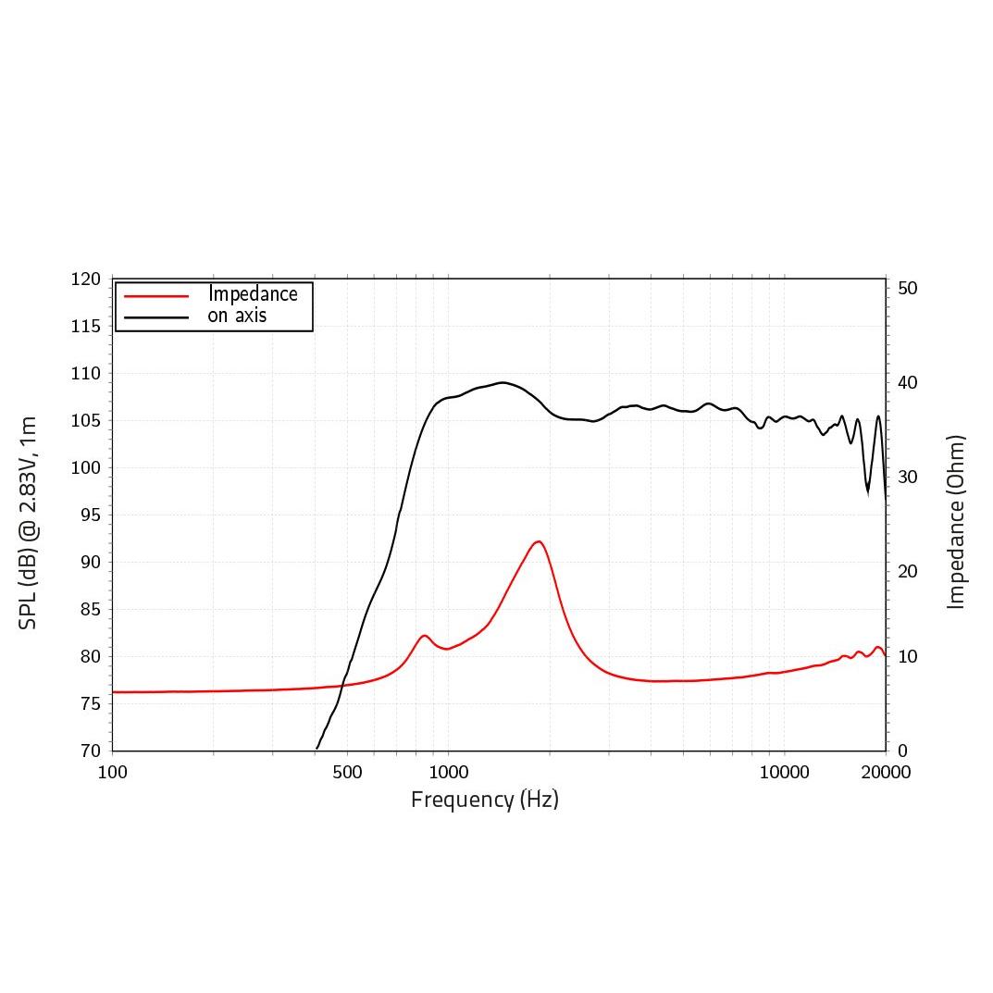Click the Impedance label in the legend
point(253,294)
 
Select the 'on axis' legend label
point(237,316)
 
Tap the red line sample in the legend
point(156,295)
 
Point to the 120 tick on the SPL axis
point(86,279)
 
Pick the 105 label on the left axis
point(86,421)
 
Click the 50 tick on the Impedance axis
point(908,289)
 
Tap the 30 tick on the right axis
point(908,478)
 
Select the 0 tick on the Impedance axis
point(903,751)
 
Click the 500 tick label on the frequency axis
point(347,773)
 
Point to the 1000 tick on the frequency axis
point(448,773)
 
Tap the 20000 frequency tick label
point(886,773)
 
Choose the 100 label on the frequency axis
point(113,773)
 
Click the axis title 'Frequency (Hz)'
point(485,800)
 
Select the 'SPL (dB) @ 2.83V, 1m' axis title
point(29,523)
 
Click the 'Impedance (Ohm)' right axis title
point(956,522)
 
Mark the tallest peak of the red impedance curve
point(538,541)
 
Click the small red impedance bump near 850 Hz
point(425,636)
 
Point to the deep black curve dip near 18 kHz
point(868,490)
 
